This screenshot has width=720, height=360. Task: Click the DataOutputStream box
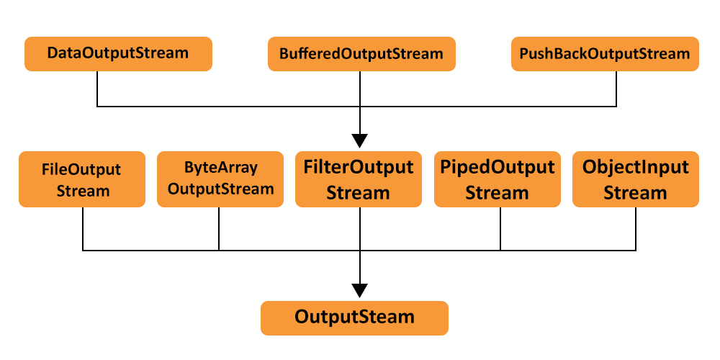[x=118, y=54]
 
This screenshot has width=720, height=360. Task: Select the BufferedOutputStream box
[x=361, y=54]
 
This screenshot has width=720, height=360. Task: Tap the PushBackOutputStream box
[x=605, y=54]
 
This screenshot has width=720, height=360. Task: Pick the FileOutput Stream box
[x=84, y=179]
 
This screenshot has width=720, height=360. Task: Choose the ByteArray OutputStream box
[x=220, y=179]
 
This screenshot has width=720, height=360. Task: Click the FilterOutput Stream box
[x=359, y=179]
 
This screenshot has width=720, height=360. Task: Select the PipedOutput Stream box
[x=497, y=179]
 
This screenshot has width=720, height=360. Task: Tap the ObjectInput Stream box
[x=635, y=179]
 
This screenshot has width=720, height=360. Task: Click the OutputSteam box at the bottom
[x=354, y=318]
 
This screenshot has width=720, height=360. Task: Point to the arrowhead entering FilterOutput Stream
[x=359, y=140]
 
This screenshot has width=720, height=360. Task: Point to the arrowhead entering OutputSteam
[x=359, y=290]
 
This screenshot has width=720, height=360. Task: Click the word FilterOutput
[x=359, y=168]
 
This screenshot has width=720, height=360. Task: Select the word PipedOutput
[x=497, y=168]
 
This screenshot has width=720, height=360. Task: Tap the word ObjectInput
[x=635, y=168]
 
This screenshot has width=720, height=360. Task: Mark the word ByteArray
[x=220, y=168]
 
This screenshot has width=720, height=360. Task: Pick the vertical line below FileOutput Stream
[x=83, y=229]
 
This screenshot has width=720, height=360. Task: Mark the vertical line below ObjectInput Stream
[x=636, y=229]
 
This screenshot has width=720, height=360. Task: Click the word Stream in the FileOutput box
[x=84, y=191]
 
